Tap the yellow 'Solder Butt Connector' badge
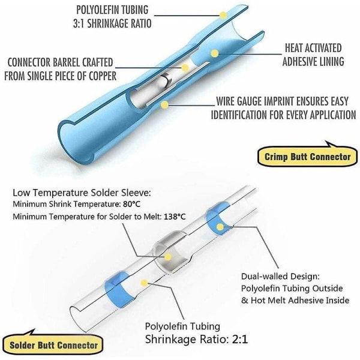pos(53,344)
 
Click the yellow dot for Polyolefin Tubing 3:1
pos(223,15)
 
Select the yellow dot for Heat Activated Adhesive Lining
pos(214,53)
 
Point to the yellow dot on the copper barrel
pos(185,67)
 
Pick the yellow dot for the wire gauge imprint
pos(164,105)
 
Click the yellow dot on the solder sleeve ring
pos(168,257)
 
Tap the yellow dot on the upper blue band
pos(220,227)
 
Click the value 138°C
pos(175,217)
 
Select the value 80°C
pos(131,204)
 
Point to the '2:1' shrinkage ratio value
pos(240,340)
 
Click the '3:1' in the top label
pos(79,23)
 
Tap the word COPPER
pos(103,76)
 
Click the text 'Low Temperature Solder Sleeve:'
pos(82,193)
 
